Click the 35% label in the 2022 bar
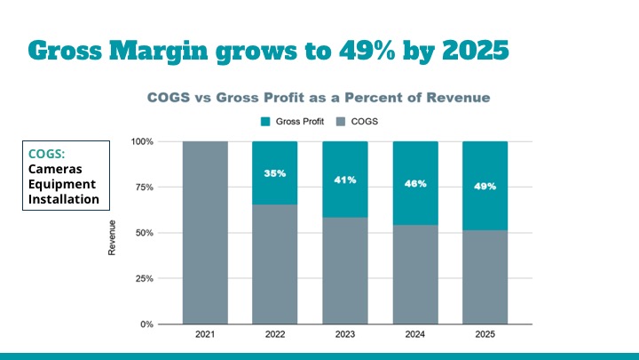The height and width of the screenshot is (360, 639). pyautogui.click(x=275, y=173)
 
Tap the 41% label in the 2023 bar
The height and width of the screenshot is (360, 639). pyautogui.click(x=345, y=180)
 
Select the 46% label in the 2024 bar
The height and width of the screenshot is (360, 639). pyautogui.click(x=415, y=183)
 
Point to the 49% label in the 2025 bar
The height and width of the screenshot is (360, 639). pyautogui.click(x=485, y=187)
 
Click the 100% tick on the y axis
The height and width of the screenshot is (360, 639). pyautogui.click(x=141, y=141)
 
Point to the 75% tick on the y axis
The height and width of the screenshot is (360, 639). pyautogui.click(x=144, y=188)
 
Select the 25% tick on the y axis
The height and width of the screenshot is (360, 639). pyautogui.click(x=144, y=279)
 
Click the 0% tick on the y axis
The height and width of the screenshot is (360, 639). pyautogui.click(x=146, y=324)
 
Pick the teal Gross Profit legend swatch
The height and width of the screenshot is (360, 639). pyautogui.click(x=265, y=121)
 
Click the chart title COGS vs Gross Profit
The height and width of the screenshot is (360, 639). pyautogui.click(x=318, y=96)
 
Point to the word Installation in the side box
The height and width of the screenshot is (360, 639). pyautogui.click(x=64, y=198)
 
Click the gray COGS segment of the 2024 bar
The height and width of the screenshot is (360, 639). pyautogui.click(x=415, y=276)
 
